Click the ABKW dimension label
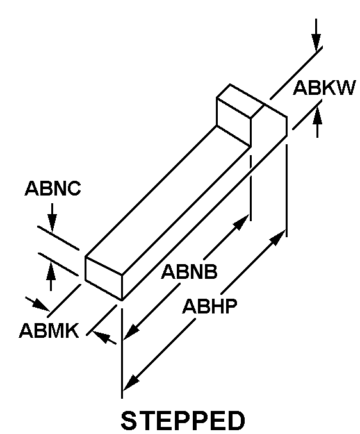coord(323,88)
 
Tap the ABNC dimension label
coord(53,188)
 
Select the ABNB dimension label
coord(189,272)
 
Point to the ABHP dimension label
coord(210,306)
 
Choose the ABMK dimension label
coord(49,330)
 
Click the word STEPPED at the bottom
coord(183,421)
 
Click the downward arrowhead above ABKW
coord(316,42)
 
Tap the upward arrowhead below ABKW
coord(318,115)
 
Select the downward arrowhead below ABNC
coord(52,222)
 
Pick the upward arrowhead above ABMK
coord(51,271)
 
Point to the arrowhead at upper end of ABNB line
coord(241,222)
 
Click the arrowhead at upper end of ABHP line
coord(277,237)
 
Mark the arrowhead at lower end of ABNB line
coord(131,332)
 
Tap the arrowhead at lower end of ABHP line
coord(131,382)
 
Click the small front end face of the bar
coord(104,278)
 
